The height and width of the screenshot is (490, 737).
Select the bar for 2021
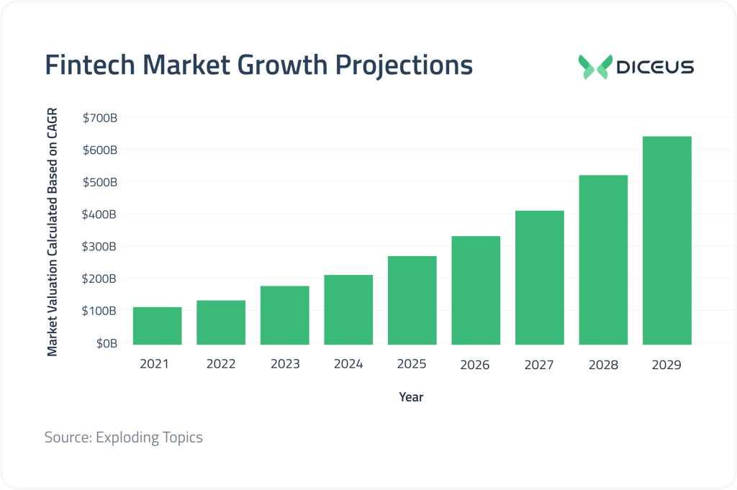pyautogui.click(x=157, y=325)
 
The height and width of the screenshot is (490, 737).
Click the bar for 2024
pyautogui.click(x=348, y=309)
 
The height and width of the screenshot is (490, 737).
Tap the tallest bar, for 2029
pyautogui.click(x=666, y=240)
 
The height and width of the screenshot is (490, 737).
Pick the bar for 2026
pyautogui.click(x=476, y=290)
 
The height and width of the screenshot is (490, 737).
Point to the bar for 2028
pyautogui.click(x=603, y=260)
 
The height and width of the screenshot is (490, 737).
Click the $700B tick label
pyautogui.click(x=100, y=117)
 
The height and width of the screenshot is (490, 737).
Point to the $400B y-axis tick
pyautogui.click(x=100, y=214)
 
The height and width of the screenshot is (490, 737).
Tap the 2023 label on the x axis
pyautogui.click(x=284, y=364)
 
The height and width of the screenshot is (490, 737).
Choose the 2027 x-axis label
pyautogui.click(x=539, y=365)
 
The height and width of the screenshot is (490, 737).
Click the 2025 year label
pyautogui.click(x=412, y=364)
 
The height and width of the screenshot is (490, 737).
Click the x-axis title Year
pyautogui.click(x=412, y=396)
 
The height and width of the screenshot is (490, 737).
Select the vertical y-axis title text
pyautogui.click(x=53, y=233)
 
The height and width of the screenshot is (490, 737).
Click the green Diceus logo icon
pyautogui.click(x=595, y=66)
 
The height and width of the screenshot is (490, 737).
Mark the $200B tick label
pyautogui.click(x=100, y=278)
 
